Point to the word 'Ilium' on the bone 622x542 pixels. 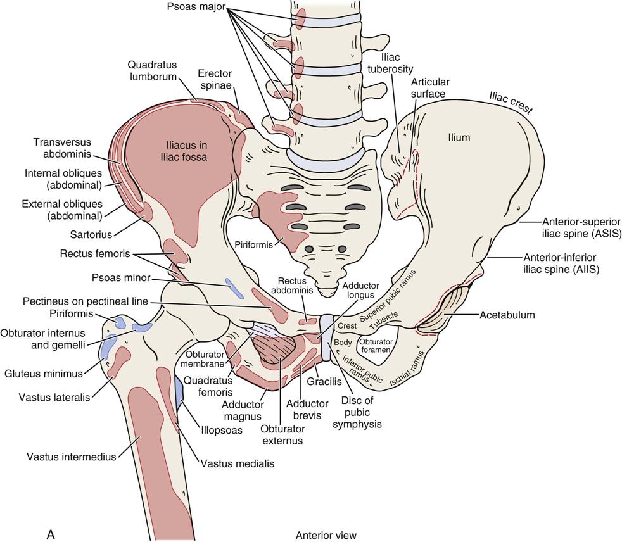459,137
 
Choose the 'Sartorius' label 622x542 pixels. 91,235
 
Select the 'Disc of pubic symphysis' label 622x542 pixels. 361,412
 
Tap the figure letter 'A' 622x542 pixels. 51,534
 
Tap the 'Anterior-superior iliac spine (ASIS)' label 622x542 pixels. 581,227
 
